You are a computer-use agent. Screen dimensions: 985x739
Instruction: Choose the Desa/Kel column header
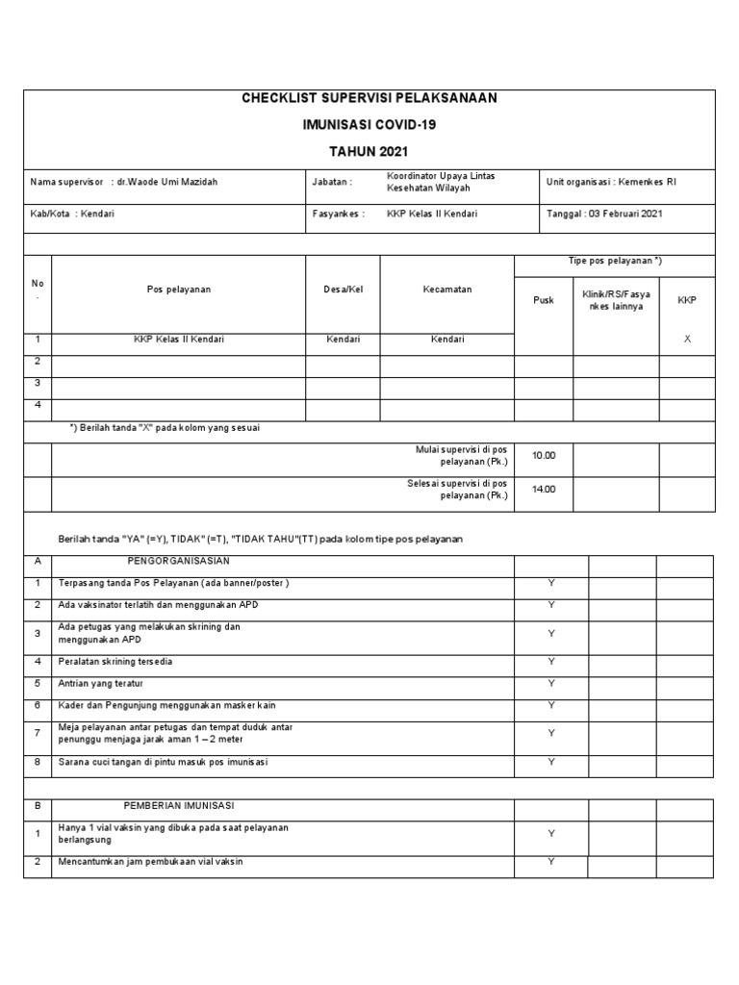click(x=344, y=290)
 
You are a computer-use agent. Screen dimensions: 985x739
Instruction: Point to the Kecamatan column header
click(x=447, y=290)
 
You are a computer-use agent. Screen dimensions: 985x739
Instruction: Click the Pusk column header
click(x=544, y=300)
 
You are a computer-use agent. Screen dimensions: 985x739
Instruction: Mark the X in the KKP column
click(x=686, y=339)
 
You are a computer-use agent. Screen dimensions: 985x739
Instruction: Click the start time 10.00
click(x=544, y=456)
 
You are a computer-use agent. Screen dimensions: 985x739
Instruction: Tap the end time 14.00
click(x=544, y=489)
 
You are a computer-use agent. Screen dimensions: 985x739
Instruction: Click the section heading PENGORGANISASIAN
click(x=178, y=561)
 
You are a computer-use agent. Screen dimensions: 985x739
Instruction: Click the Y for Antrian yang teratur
click(x=551, y=683)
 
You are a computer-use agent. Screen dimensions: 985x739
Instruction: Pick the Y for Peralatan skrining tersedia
click(x=551, y=661)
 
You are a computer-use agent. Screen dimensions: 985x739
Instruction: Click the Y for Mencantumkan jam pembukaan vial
click(x=551, y=862)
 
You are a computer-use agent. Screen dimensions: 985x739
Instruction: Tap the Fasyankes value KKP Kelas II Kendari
click(x=432, y=214)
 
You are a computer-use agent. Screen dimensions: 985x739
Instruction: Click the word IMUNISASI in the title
click(x=336, y=125)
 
